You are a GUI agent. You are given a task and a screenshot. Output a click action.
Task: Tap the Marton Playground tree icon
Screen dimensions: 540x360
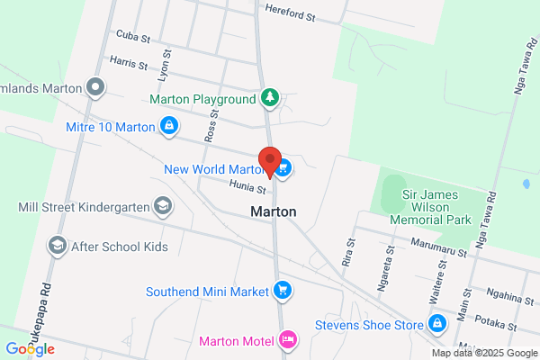click(x=269, y=97)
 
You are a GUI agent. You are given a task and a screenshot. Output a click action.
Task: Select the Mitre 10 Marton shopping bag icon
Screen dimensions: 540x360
click(x=168, y=127)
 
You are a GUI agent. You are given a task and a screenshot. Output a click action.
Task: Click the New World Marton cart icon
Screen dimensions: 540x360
click(x=283, y=168)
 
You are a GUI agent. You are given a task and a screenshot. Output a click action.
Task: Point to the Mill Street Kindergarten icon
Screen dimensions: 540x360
click(x=163, y=207)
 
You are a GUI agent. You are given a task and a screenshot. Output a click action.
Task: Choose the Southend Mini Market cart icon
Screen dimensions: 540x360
click(x=283, y=291)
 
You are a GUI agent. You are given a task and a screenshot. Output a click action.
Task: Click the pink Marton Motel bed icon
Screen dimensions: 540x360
click(x=288, y=340)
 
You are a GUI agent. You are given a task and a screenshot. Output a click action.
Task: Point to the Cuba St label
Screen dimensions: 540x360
click(x=131, y=34)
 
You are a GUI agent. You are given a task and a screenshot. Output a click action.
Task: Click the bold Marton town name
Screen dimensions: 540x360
click(x=273, y=212)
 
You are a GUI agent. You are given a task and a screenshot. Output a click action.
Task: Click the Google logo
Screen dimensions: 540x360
click(x=30, y=349)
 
